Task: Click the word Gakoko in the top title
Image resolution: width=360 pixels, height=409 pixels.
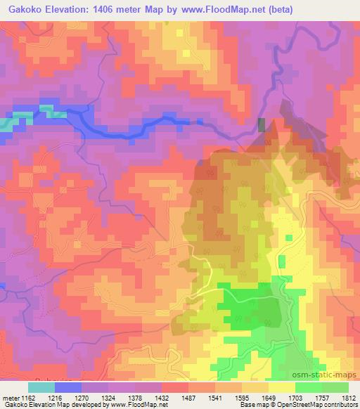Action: tap(23, 9)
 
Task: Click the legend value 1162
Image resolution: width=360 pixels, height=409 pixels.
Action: tap(27, 398)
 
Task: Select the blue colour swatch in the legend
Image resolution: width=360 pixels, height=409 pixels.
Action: tap(68, 387)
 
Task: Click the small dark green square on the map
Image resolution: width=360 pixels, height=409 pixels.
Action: tap(262, 125)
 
